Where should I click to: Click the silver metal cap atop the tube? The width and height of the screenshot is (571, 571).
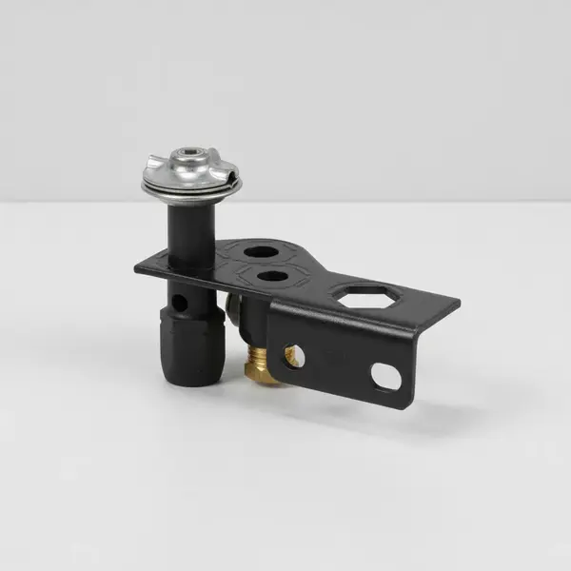pyautogui.click(x=190, y=172)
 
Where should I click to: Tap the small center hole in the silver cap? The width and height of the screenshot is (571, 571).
pyautogui.click(x=190, y=156)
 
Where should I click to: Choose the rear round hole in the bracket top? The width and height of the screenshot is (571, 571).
pyautogui.click(x=261, y=252)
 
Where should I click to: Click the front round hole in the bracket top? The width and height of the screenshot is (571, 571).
pyautogui.click(x=273, y=277)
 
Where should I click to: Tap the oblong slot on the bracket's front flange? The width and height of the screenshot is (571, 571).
pyautogui.click(x=386, y=376)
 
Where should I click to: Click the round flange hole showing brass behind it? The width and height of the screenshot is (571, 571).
pyautogui.click(x=294, y=356)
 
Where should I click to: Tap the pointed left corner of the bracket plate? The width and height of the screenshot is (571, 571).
pyautogui.click(x=137, y=267)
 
